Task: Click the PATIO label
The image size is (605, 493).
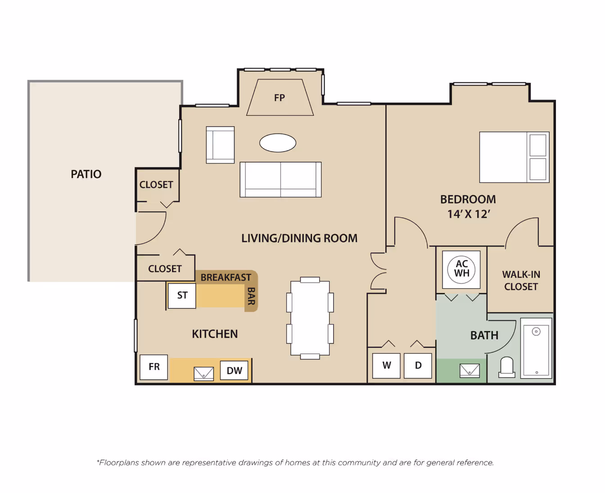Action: tap(86, 174)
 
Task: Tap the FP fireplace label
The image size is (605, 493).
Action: tap(280, 98)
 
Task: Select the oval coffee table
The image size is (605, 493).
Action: tap(278, 143)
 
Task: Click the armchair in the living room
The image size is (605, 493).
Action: tap(220, 145)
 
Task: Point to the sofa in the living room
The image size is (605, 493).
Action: tap(280, 179)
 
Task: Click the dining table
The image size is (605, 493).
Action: tap(310, 318)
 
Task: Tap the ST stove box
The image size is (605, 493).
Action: tap(182, 296)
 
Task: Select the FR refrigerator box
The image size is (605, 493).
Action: tap(154, 367)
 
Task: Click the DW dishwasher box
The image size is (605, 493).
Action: tap(234, 370)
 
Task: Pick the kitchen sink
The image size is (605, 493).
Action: tap(203, 374)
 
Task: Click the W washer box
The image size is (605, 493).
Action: tap(386, 365)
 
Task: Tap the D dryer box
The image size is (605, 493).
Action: tap(418, 365)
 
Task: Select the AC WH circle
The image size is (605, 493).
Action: tap(461, 269)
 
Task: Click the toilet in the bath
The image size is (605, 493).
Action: tap(507, 367)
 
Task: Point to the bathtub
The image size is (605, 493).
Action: tap(536, 348)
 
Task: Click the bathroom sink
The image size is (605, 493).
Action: tap(470, 371)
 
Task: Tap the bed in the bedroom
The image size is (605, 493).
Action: tap(515, 157)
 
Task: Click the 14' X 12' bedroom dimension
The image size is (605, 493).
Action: tap(469, 214)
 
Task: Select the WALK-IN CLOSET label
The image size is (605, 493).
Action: tap(521, 280)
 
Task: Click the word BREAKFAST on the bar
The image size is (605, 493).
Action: tap(226, 277)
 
